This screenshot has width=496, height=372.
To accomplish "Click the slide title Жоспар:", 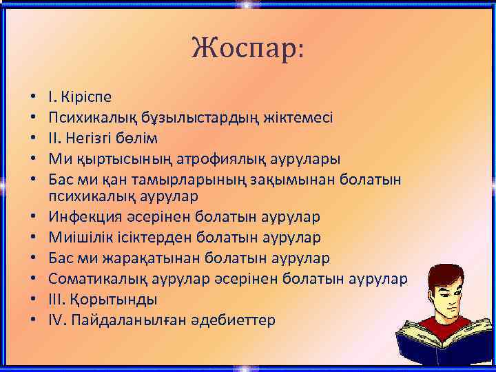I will point(248,48).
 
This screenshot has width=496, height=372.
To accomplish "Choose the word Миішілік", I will point(79,238).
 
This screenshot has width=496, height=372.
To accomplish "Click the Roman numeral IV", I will point(56,320).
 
